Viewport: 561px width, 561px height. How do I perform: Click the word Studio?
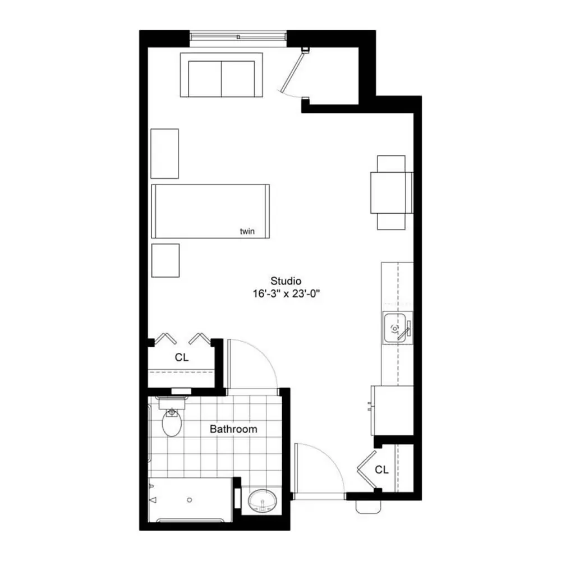[286, 281]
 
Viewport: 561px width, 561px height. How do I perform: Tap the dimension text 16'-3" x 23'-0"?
[286, 294]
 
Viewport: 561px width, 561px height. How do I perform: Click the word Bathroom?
[233, 429]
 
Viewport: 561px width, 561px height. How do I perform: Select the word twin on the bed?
[247, 231]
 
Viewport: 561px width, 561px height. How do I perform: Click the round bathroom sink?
[262, 500]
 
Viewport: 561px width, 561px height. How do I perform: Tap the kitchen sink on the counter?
[398, 328]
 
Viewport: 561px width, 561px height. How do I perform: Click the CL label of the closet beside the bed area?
[181, 357]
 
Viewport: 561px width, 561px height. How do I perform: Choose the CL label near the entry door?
[381, 470]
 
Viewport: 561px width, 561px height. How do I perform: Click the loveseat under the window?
[222, 75]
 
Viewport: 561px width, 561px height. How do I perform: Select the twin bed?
[210, 211]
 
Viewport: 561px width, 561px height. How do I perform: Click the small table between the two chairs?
[392, 192]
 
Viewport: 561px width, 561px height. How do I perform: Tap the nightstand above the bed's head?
[164, 154]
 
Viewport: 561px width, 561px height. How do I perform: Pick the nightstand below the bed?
[165, 260]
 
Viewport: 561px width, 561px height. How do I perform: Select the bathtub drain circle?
[190, 500]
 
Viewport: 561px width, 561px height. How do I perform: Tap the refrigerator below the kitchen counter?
[392, 411]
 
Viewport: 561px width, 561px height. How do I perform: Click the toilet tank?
[172, 403]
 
